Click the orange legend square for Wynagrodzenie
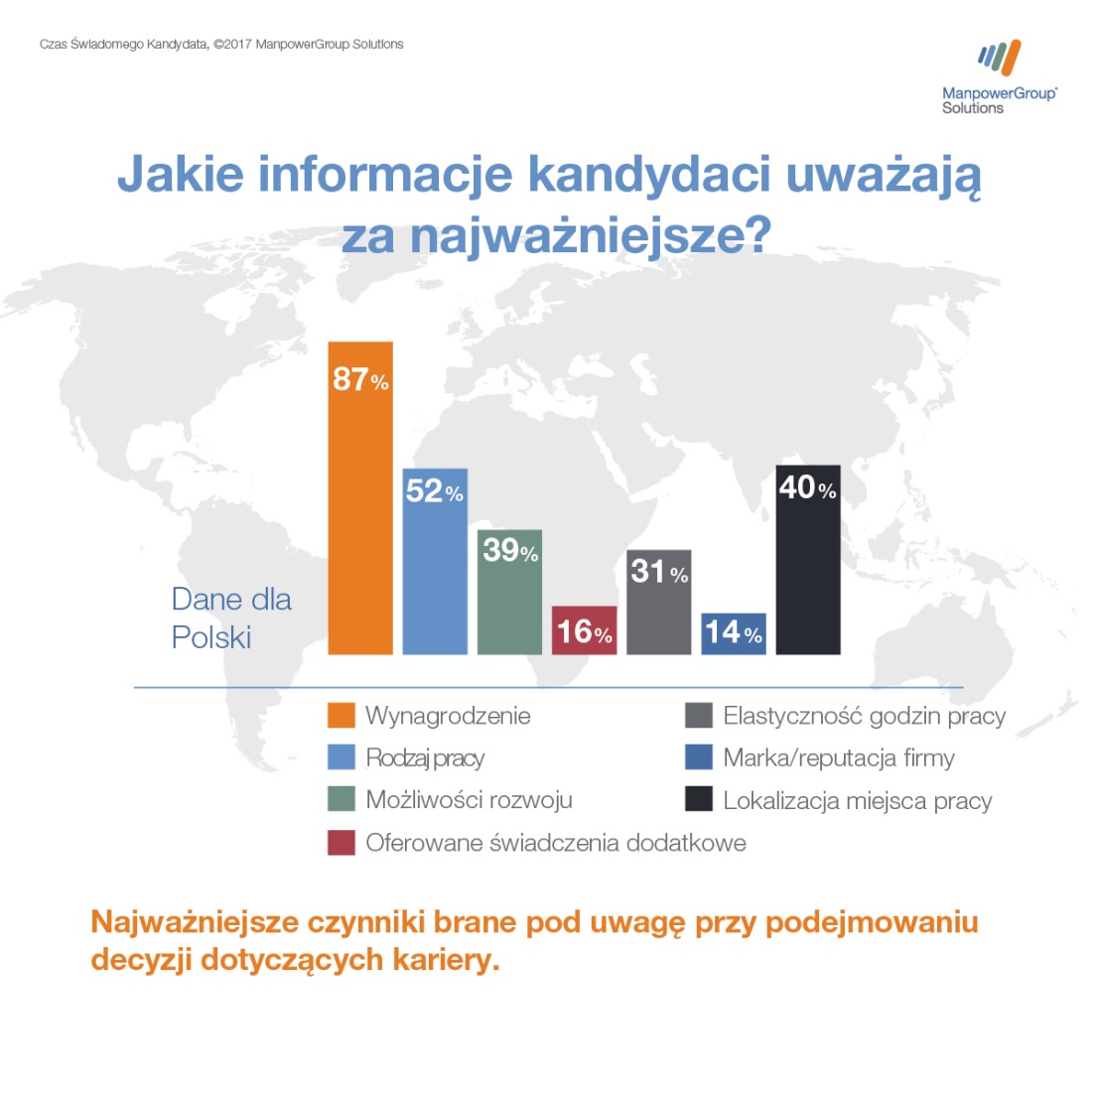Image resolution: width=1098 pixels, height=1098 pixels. (342, 716)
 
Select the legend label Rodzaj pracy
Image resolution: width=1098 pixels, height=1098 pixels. (425, 758)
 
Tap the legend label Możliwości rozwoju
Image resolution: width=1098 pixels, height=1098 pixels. (469, 800)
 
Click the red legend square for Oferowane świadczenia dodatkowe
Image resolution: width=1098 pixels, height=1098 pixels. (342, 843)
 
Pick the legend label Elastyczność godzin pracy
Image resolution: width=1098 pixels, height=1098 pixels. (864, 716)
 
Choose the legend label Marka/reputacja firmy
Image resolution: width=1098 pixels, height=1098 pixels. (838, 758)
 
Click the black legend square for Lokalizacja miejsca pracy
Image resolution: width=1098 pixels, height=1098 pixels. (699, 800)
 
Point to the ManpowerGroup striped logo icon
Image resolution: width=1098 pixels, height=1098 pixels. (999, 59)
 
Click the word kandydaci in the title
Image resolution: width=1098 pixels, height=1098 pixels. (649, 175)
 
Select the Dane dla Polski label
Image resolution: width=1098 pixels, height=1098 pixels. (231, 618)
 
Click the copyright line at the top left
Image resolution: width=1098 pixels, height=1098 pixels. (221, 44)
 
